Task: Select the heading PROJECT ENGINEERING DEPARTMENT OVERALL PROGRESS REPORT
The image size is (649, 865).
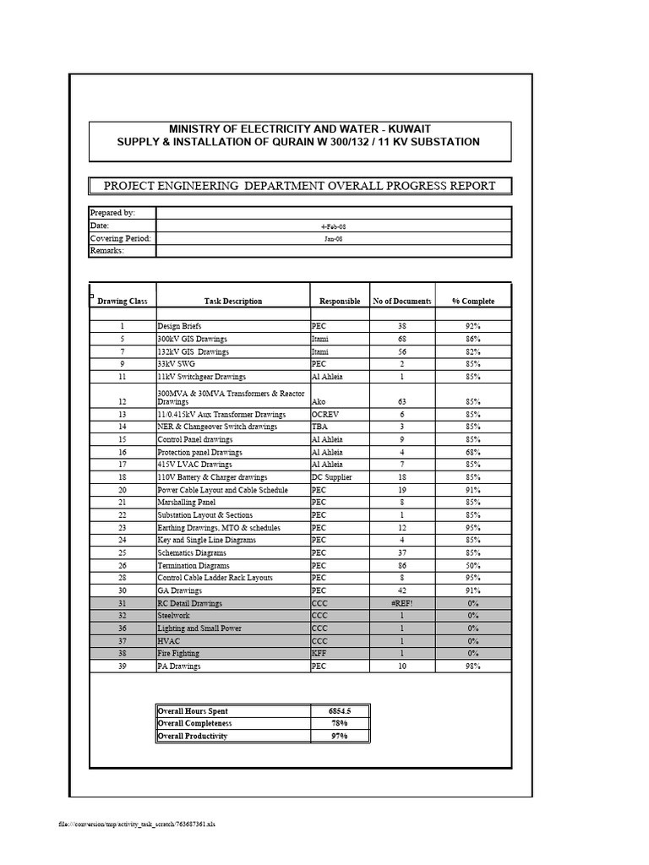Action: [299, 186]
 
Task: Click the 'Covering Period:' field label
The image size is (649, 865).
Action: [120, 238]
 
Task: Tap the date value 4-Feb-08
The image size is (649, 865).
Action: [333, 226]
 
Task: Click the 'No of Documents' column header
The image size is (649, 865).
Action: [402, 301]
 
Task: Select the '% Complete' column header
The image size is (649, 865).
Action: [473, 301]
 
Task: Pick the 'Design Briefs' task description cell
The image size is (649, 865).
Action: [180, 326]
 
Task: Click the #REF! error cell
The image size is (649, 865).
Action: [402, 603]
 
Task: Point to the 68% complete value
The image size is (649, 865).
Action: [473, 452]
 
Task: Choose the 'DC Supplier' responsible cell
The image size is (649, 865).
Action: [331, 477]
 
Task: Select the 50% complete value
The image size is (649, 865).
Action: [473, 565]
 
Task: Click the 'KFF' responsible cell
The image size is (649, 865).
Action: [319, 653]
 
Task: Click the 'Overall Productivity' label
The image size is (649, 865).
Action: [193, 736]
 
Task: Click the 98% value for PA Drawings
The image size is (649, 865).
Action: [473, 666]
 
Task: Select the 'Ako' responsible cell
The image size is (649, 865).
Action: [319, 403]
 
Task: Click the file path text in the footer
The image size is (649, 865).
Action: [137, 824]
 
